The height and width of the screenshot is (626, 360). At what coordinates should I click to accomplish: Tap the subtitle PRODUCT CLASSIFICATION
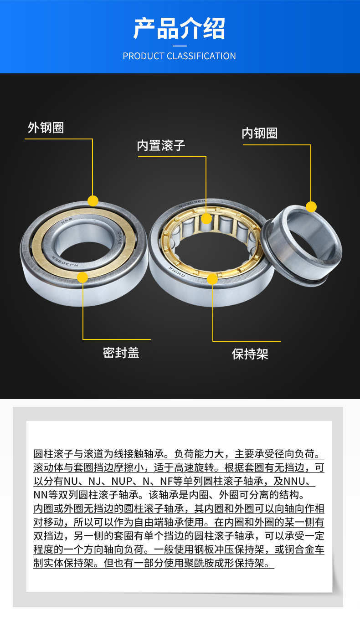[x=180, y=56]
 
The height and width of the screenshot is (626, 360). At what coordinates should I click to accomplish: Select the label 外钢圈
[x=46, y=128]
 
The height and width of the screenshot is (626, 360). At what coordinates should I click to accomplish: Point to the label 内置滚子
[x=161, y=146]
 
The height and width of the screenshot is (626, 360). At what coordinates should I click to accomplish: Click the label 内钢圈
[x=259, y=133]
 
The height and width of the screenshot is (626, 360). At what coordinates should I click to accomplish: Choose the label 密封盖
[x=121, y=353]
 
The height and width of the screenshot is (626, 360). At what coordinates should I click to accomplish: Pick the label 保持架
[x=250, y=354]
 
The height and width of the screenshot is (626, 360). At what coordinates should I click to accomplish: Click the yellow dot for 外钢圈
[x=93, y=201]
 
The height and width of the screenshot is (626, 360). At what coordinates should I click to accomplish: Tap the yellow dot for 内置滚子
[x=206, y=219]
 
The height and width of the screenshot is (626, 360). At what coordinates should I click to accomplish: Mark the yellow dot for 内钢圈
[x=311, y=207]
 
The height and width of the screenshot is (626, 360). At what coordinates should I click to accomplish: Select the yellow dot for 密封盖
[x=82, y=277]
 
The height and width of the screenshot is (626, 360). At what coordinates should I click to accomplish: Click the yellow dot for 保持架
[x=212, y=279]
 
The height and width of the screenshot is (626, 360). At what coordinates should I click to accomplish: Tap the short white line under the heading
[x=180, y=46]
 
